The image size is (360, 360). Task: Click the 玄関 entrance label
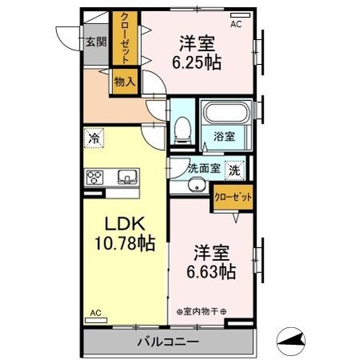tap(96, 42)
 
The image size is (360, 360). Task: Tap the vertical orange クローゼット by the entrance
tap(125, 38)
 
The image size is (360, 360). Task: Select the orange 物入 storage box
tap(124, 80)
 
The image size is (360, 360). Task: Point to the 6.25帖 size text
tap(195, 63)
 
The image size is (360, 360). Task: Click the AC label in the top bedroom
tap(236, 25)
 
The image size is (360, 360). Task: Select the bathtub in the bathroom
tap(225, 115)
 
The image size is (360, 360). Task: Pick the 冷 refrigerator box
tap(95, 139)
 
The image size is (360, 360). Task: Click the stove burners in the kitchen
tap(95, 177)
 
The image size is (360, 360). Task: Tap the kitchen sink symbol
tap(127, 176)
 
